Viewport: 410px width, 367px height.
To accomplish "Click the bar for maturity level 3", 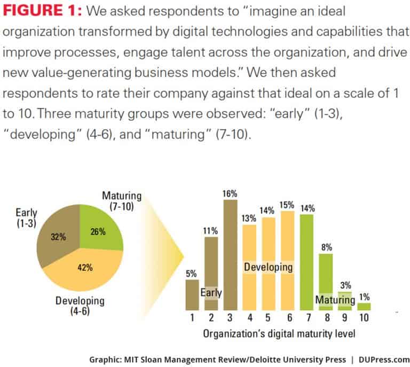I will (x=230, y=256).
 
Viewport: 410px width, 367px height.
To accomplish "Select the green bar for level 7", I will (x=306, y=262).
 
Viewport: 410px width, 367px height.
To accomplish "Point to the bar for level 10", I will (x=364, y=307).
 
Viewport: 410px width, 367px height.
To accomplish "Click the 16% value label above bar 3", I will (x=230, y=193).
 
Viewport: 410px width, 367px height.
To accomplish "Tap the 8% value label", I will (x=327, y=247).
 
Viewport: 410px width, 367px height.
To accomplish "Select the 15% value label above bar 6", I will (x=287, y=204).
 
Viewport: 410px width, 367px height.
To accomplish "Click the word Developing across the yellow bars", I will (x=269, y=266).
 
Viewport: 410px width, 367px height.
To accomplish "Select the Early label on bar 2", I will (x=211, y=293).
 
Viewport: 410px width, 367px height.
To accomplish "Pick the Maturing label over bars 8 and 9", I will (x=335, y=300).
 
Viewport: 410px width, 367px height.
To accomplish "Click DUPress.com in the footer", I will (x=383, y=360).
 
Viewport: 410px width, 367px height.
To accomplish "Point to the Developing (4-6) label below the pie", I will (x=79, y=306).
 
